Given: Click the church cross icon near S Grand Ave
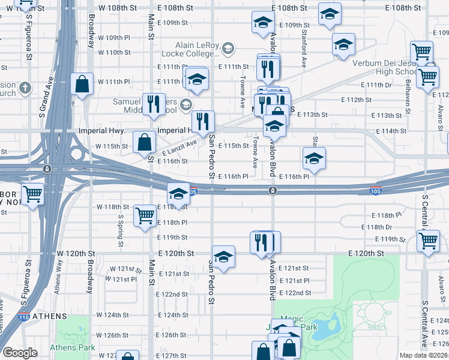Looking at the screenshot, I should click(25, 88).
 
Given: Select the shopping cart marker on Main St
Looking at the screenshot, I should click(145, 215).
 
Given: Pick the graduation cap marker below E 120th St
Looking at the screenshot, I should click(223, 256).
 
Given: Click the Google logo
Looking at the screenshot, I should click(20, 353).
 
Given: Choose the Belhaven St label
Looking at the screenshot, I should click(407, 97).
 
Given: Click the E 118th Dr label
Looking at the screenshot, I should click(376, 227).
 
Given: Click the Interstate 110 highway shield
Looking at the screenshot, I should click(24, 317).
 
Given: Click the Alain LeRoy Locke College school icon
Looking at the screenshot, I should click(228, 47).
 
